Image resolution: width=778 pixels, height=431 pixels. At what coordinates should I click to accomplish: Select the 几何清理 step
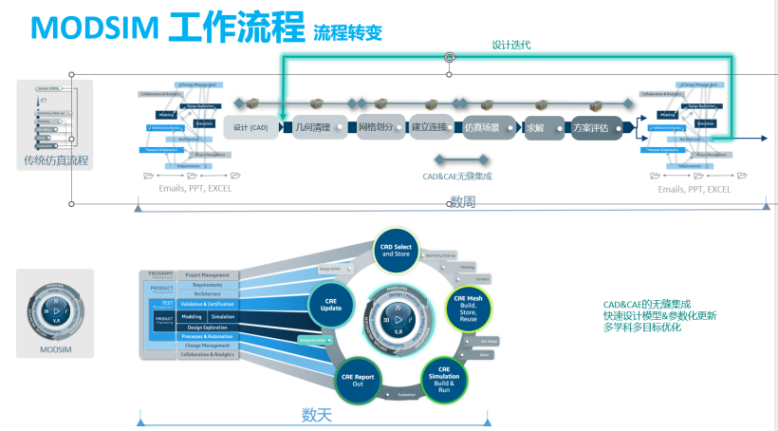pyautogui.click(x=312, y=127)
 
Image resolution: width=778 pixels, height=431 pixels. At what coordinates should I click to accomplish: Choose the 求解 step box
pyautogui.click(x=537, y=127)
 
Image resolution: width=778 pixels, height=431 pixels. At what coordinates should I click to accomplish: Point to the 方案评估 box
pyautogui.click(x=597, y=127)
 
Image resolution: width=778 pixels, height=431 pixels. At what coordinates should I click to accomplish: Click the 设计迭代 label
pyautogui.click(x=511, y=45)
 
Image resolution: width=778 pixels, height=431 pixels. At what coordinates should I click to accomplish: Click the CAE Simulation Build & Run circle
pyautogui.click(x=444, y=376)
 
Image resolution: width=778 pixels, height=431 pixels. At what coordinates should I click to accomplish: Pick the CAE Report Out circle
pyautogui.click(x=358, y=378)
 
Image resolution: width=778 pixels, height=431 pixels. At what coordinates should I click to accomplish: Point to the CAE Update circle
pyautogui.click(x=331, y=306)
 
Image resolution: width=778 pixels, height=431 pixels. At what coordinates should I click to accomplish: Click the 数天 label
pyautogui.click(x=317, y=415)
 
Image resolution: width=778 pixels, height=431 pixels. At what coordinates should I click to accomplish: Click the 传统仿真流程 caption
pyautogui.click(x=56, y=160)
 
